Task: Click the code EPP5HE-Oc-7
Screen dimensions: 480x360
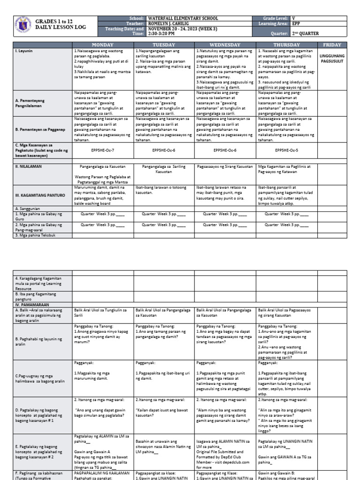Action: point(103,150)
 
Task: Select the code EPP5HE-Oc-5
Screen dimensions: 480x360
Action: point(286,150)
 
